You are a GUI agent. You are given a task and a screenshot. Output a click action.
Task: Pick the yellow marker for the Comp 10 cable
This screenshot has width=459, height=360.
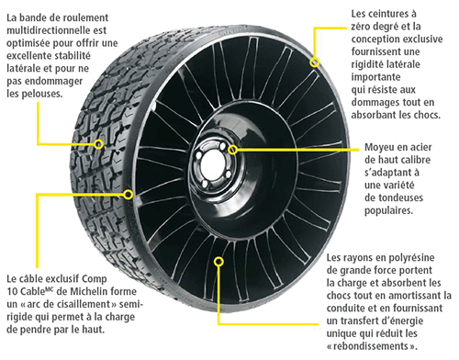(128, 194)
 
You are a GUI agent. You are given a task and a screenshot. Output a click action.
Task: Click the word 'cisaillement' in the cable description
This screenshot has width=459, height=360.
(84, 306)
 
